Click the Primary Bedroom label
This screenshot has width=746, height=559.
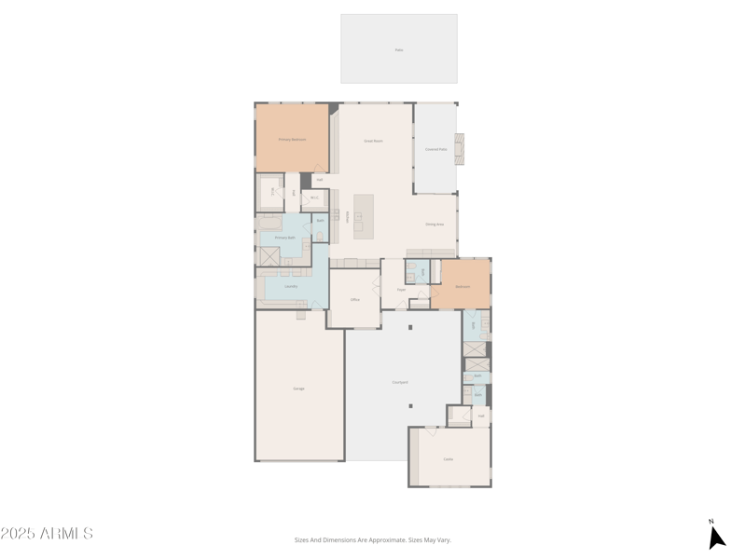click(x=292, y=139)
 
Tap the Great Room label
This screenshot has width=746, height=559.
click(x=373, y=141)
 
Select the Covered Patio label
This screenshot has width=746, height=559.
click(x=435, y=149)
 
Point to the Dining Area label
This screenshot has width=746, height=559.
click(x=434, y=225)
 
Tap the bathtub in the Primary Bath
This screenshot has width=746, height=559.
click(x=269, y=224)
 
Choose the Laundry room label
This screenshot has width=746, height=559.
click(x=291, y=286)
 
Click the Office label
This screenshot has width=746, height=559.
click(x=354, y=300)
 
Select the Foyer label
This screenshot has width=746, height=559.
click(x=400, y=290)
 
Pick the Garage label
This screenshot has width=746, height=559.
click(x=298, y=389)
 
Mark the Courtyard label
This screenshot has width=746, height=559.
click(x=400, y=382)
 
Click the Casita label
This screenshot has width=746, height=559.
click(x=448, y=459)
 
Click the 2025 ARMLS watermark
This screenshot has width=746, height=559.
click(x=47, y=534)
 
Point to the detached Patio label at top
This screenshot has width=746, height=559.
click(x=399, y=50)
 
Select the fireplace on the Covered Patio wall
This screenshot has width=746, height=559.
click(x=459, y=149)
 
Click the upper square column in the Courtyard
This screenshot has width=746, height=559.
click(x=409, y=327)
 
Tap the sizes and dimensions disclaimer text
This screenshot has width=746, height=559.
click(x=373, y=539)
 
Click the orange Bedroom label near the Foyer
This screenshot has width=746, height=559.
click(x=462, y=287)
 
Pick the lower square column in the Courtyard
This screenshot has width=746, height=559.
click(x=409, y=405)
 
